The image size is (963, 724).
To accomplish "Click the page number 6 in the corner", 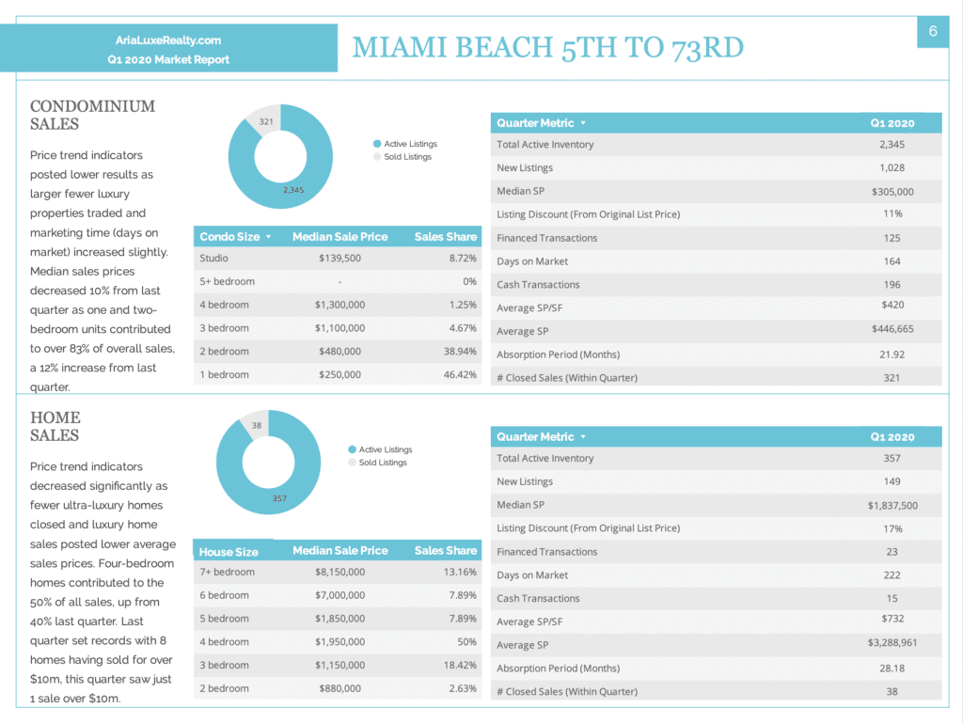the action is [933, 31].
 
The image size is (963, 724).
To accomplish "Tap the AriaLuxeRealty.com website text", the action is [168, 40].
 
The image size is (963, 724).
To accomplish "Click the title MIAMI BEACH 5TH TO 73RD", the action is [548, 48].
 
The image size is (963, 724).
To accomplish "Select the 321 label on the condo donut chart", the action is [266, 121].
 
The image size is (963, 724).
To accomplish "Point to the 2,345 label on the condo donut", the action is [293, 190].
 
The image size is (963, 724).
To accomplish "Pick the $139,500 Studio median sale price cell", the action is [339, 259].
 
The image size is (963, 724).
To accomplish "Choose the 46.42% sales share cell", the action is [460, 374].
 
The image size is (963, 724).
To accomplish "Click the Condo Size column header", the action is [229, 236].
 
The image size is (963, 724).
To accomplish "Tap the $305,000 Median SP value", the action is [892, 192].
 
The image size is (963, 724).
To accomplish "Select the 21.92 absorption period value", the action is [892, 354].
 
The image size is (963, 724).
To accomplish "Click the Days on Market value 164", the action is [892, 261].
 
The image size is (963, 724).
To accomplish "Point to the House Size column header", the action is [229, 551].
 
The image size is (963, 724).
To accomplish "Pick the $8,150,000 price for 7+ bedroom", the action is [339, 572].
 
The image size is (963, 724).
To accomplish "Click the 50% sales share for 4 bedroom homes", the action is [466, 641].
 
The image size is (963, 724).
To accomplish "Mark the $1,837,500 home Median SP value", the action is [892, 505].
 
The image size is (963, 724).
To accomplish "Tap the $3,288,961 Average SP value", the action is [892, 642].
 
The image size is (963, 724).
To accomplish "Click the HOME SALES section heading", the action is [55, 426].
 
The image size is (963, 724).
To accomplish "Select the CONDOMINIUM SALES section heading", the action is [93, 115].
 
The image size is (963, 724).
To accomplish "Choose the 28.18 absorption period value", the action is [892, 669].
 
